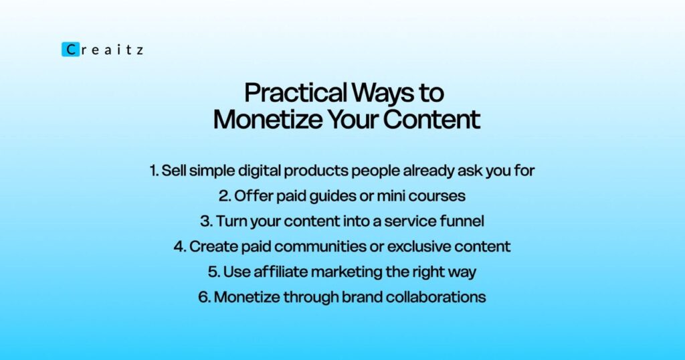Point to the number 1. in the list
[x=154, y=171]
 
